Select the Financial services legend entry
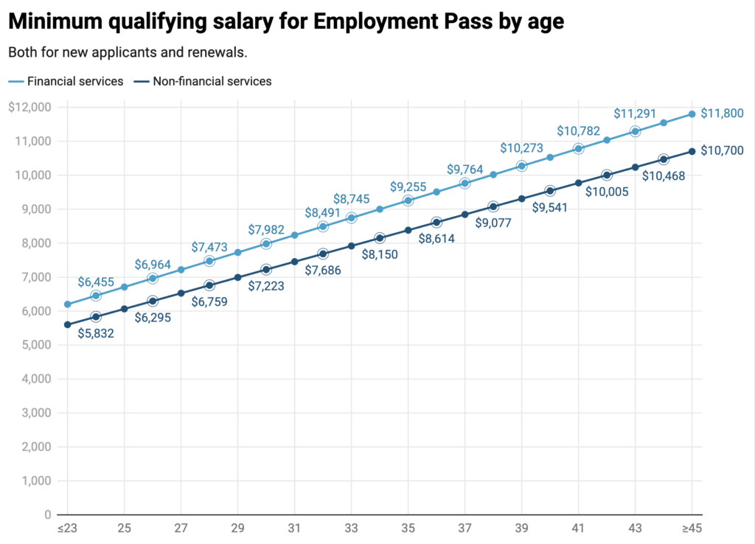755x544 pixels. click(x=74, y=81)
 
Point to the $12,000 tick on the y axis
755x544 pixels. click(x=29, y=107)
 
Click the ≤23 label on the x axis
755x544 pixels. click(x=67, y=529)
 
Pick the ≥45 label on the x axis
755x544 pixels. click(x=691, y=529)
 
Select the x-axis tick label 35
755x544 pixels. click(x=408, y=529)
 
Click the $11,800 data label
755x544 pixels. click(x=722, y=114)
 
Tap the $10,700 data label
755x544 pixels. click(x=722, y=150)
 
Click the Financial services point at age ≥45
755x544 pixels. click(x=692, y=114)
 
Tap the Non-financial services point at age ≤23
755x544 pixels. click(x=67, y=324)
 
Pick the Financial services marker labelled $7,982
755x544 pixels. click(x=266, y=243)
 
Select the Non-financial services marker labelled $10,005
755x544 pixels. click(x=607, y=175)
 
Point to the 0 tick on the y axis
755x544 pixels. click(x=47, y=515)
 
